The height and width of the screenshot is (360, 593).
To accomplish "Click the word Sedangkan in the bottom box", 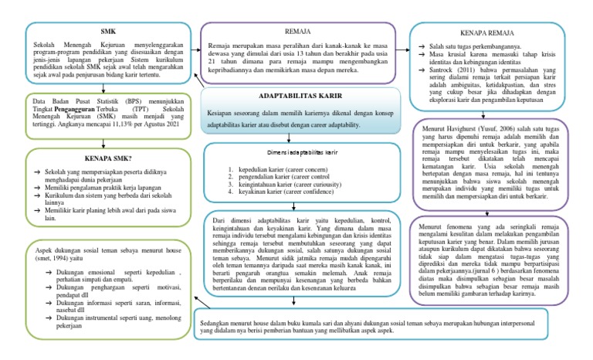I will click(215, 319).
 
